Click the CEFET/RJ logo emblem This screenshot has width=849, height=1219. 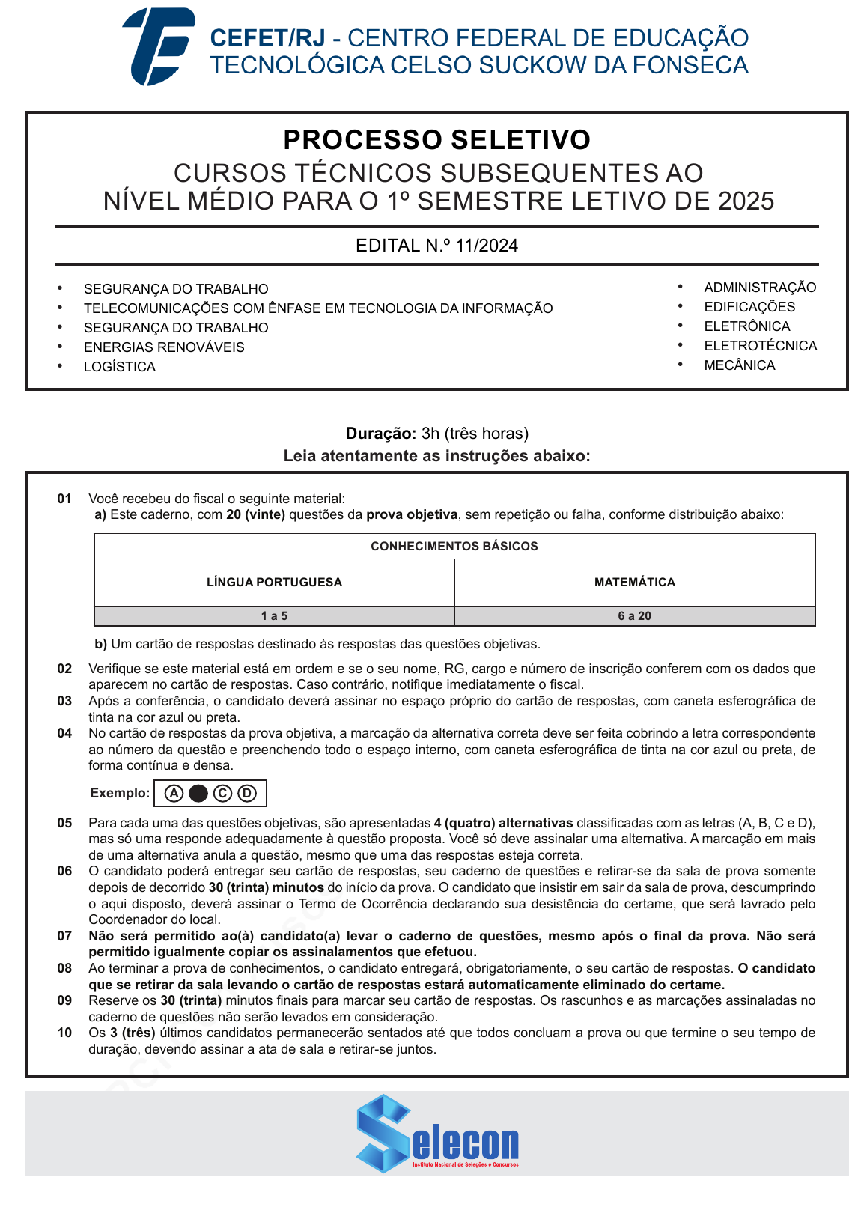coord(159,46)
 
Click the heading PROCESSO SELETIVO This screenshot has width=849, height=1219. coord(436,140)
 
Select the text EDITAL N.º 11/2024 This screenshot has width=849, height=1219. coord(436,246)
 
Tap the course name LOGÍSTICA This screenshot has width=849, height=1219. coord(120,367)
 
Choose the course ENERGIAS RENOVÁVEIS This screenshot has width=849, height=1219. coord(164,347)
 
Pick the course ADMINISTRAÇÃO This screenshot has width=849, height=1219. coord(759,288)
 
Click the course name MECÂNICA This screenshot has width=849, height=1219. coord(739,365)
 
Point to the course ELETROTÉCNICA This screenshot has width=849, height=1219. coord(760,346)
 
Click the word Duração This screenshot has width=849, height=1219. coord(380,434)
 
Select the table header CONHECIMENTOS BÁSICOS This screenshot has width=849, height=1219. coord(454,547)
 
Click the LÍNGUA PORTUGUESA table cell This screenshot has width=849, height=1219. coord(274,583)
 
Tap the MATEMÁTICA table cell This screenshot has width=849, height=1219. coord(634,583)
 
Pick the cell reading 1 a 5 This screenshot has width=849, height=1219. coord(274,616)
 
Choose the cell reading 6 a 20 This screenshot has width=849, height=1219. coord(634,616)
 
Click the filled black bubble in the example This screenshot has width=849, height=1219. coord(198,794)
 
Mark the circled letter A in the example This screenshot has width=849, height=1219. coord(174,794)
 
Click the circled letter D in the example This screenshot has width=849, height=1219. coord(247,794)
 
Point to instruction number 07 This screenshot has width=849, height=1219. coord(65,936)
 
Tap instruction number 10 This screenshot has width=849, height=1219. coord(65,1033)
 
